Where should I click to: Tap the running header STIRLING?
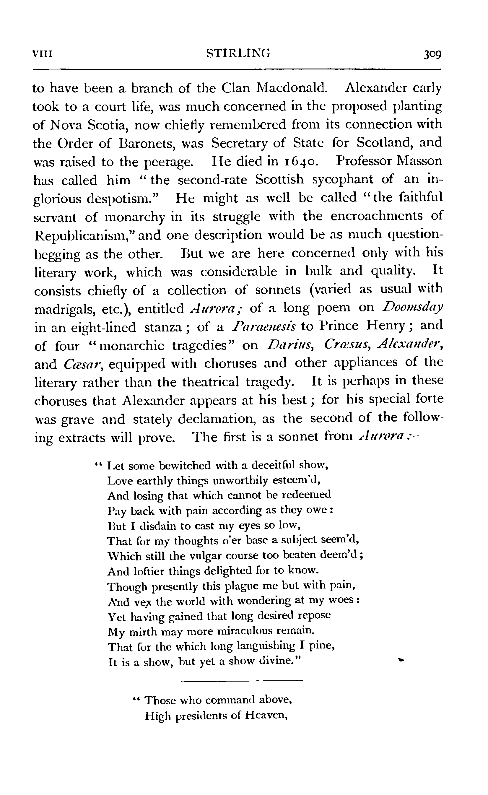pyautogui.click(x=238, y=53)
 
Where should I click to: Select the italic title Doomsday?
pyautogui.click(x=412, y=308)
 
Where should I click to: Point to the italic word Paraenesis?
pyautogui.click(x=263, y=327)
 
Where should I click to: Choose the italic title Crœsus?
pyautogui.click(x=345, y=345)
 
